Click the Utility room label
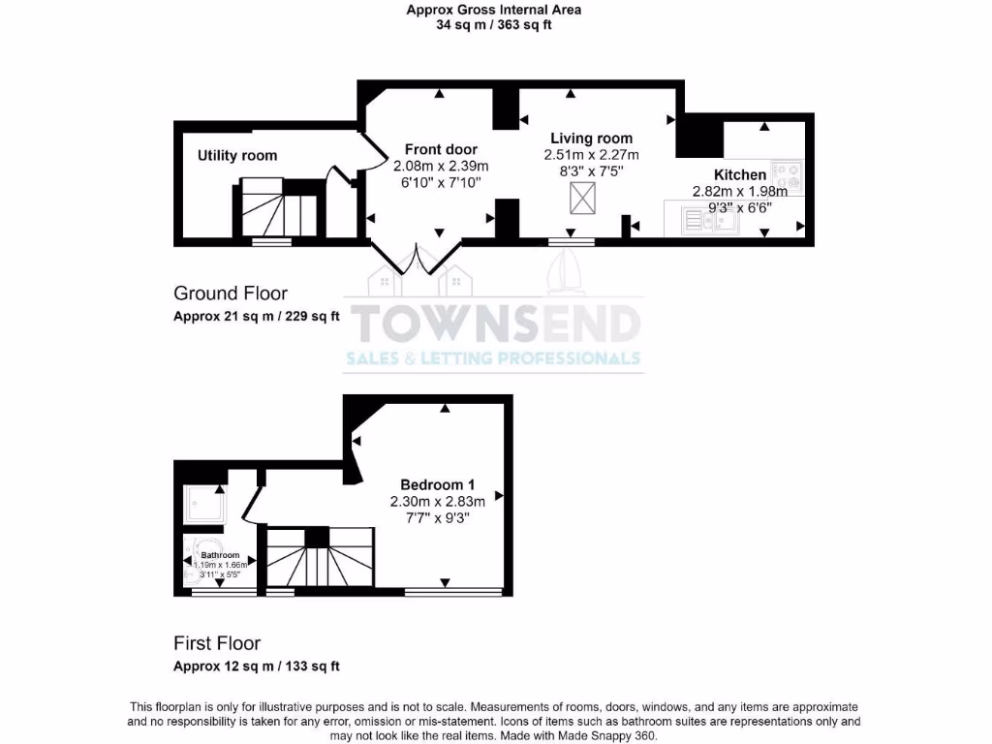point(237,155)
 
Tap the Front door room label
point(441,149)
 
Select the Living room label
point(591,139)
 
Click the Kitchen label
point(740,174)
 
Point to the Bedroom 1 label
point(438,484)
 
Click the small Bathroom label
point(220,555)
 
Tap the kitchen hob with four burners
point(787,174)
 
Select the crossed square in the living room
point(583,201)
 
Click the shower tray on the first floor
point(205,504)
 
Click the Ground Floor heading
point(231,293)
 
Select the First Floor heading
point(217,642)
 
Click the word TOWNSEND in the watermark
point(494,325)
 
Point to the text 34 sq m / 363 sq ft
point(494,25)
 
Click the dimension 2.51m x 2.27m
point(591,155)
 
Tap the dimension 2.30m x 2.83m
point(438,501)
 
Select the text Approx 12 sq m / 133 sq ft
point(257,666)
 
